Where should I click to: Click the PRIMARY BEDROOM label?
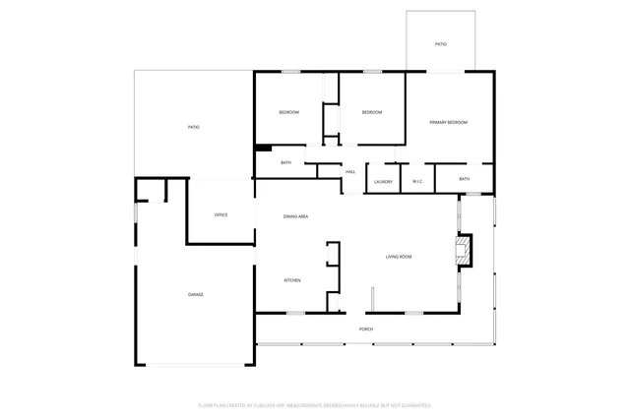tap(448, 122)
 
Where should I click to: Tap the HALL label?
tap(349, 172)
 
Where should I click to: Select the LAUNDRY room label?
tap(383, 181)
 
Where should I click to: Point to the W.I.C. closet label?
tap(417, 181)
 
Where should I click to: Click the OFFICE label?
tap(221, 214)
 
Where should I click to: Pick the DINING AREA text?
tap(296, 215)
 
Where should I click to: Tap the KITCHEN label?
tap(292, 280)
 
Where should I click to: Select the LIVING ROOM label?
tap(398, 257)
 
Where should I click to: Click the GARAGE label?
tap(196, 295)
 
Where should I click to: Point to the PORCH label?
tap(365, 329)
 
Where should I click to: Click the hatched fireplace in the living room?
tap(463, 250)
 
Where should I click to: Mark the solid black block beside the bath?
tap(263, 149)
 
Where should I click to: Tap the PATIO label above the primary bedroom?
tap(441, 44)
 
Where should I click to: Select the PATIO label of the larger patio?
tap(194, 127)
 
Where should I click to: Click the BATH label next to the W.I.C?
tap(464, 179)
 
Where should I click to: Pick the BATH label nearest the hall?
tap(285, 162)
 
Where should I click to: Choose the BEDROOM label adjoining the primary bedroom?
tap(371, 113)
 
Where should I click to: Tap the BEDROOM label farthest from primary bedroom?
tap(288, 113)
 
